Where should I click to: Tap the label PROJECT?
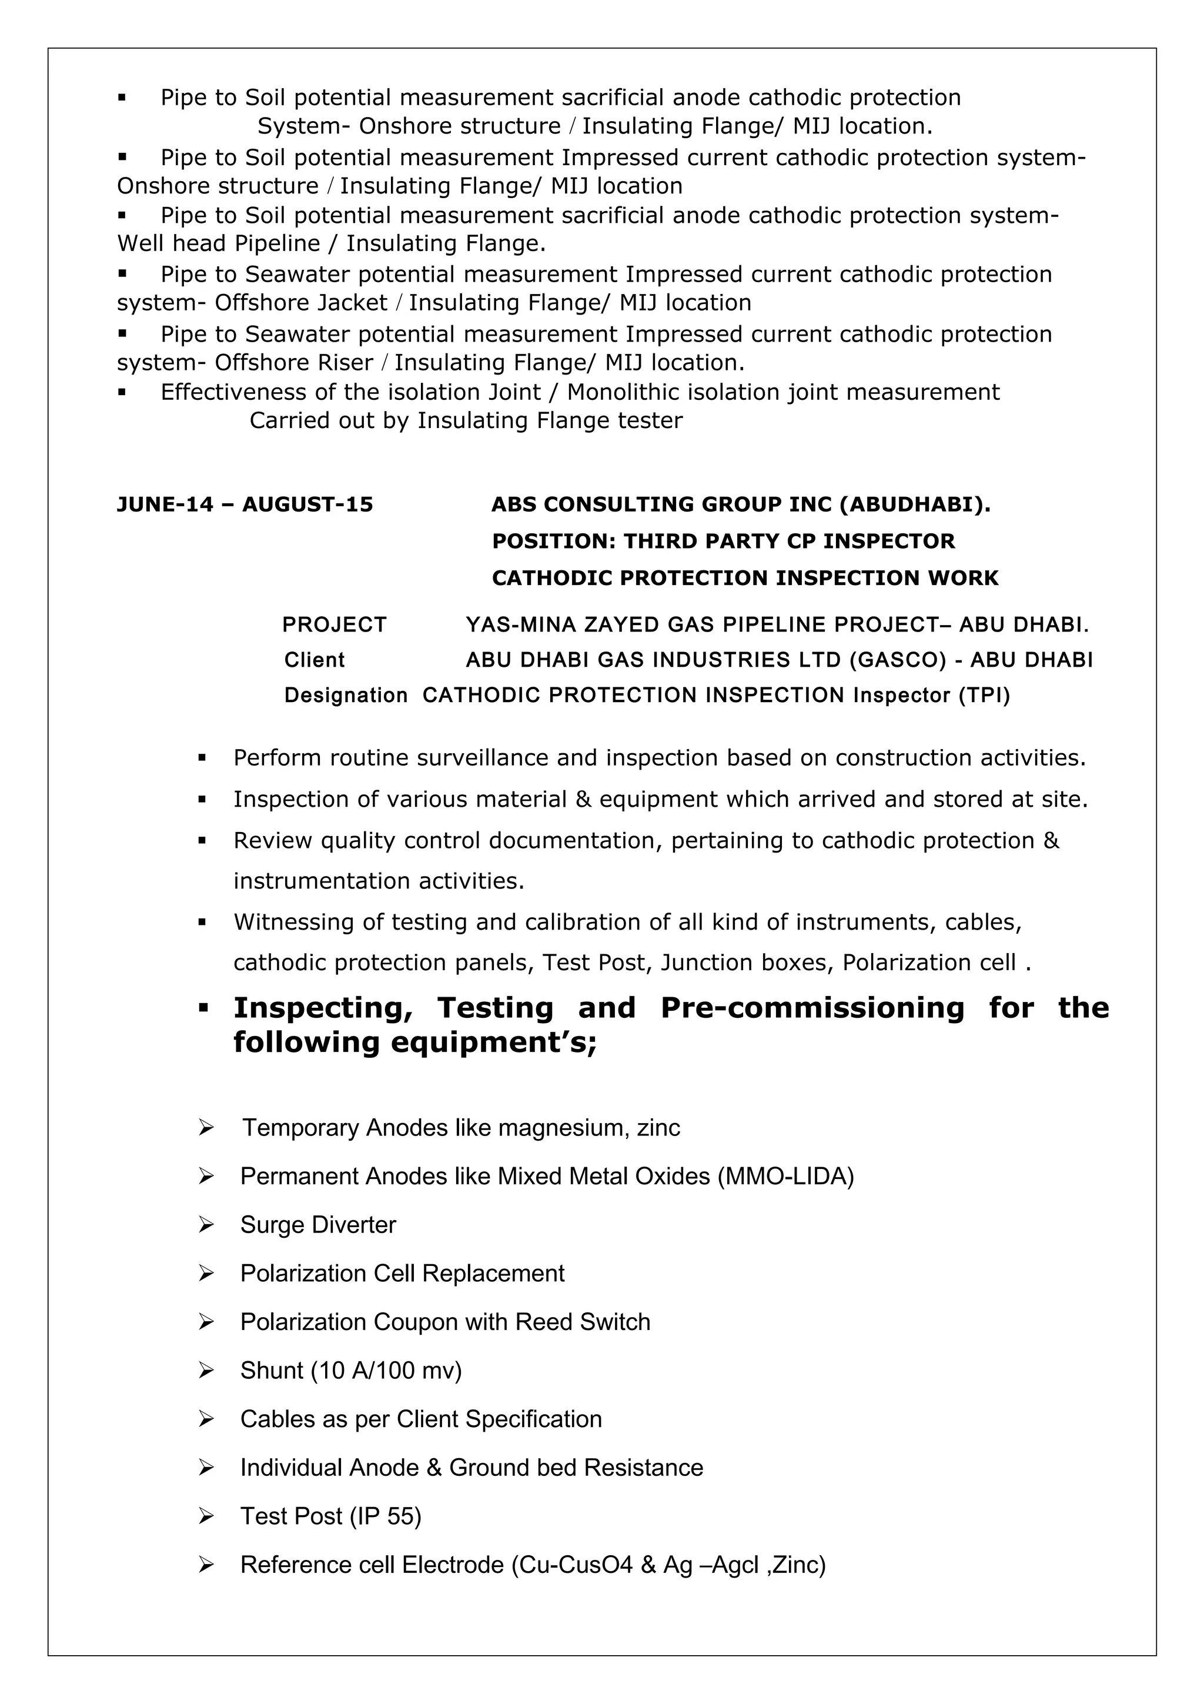pyautogui.click(x=335, y=625)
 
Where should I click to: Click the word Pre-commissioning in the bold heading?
pyautogui.click(x=812, y=1008)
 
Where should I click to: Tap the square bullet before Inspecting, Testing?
pyautogui.click(x=202, y=1008)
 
